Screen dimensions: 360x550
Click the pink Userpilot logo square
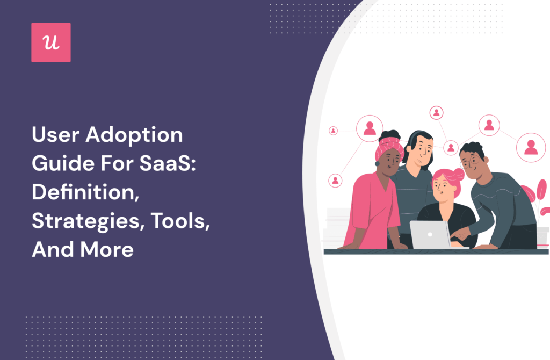51,42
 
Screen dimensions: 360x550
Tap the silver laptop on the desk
430,234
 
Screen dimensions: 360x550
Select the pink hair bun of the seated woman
458,175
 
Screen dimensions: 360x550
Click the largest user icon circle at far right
531,147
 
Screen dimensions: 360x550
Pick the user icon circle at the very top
436,113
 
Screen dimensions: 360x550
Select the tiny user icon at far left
333,131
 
